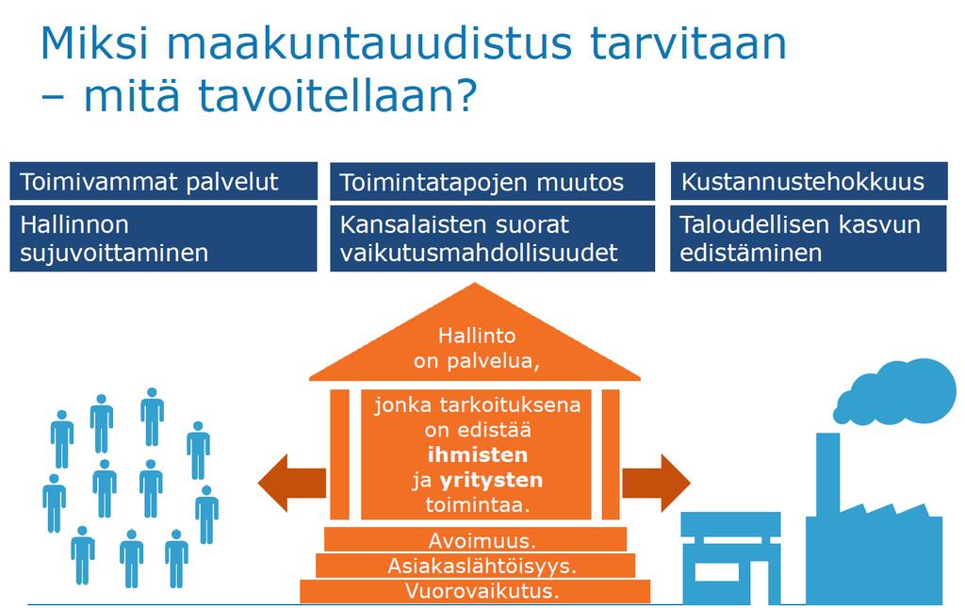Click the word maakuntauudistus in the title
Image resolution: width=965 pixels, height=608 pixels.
369,43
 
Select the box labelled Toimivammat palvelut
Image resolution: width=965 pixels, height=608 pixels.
164,182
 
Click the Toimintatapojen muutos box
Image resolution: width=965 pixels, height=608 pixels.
492,182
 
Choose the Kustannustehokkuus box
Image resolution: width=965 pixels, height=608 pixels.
809,182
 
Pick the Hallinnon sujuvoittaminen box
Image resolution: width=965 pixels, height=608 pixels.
164,238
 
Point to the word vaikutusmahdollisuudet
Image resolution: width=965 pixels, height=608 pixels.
478,253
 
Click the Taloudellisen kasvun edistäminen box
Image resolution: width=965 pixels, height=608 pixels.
809,238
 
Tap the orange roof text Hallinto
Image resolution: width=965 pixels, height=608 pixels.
476,336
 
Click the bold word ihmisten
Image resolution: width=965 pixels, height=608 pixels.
478,454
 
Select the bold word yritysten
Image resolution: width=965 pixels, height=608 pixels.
491,480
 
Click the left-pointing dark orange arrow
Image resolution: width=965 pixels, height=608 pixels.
292,483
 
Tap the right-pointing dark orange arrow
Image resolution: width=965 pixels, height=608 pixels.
656,483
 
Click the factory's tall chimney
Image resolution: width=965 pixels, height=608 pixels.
828,474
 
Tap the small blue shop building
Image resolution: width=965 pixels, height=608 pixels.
731,558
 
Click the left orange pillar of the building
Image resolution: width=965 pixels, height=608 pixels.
339,454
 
